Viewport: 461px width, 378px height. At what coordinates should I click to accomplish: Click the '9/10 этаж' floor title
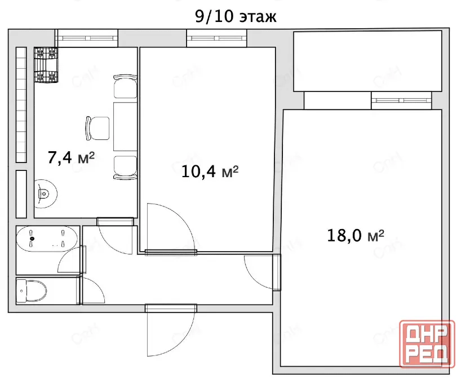coord(236,17)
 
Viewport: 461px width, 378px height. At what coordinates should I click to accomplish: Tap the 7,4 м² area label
coord(71,157)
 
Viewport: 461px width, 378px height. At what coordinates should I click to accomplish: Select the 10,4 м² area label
coord(210,172)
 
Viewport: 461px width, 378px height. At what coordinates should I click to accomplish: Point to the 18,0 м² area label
coord(356,235)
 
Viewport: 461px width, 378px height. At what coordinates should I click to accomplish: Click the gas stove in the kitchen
coord(46,65)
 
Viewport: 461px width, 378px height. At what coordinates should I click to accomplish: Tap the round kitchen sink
coord(46,194)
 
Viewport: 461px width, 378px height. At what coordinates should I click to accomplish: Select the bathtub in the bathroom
coord(47,239)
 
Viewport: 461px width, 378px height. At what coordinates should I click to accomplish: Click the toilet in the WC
coord(31,291)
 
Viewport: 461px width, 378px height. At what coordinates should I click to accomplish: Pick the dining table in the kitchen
coord(125,126)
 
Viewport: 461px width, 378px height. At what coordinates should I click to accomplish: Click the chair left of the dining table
coord(97,129)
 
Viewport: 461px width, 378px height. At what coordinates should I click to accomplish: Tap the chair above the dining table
coord(125,86)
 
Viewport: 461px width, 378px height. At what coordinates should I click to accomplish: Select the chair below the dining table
coord(125,167)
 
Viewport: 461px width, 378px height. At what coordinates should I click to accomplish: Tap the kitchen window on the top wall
coord(87,38)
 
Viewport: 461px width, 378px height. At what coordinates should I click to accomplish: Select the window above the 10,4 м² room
coord(216,38)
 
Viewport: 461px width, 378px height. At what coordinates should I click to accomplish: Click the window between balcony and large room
coord(401,100)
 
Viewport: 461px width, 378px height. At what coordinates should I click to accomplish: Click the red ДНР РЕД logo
coord(427,344)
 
